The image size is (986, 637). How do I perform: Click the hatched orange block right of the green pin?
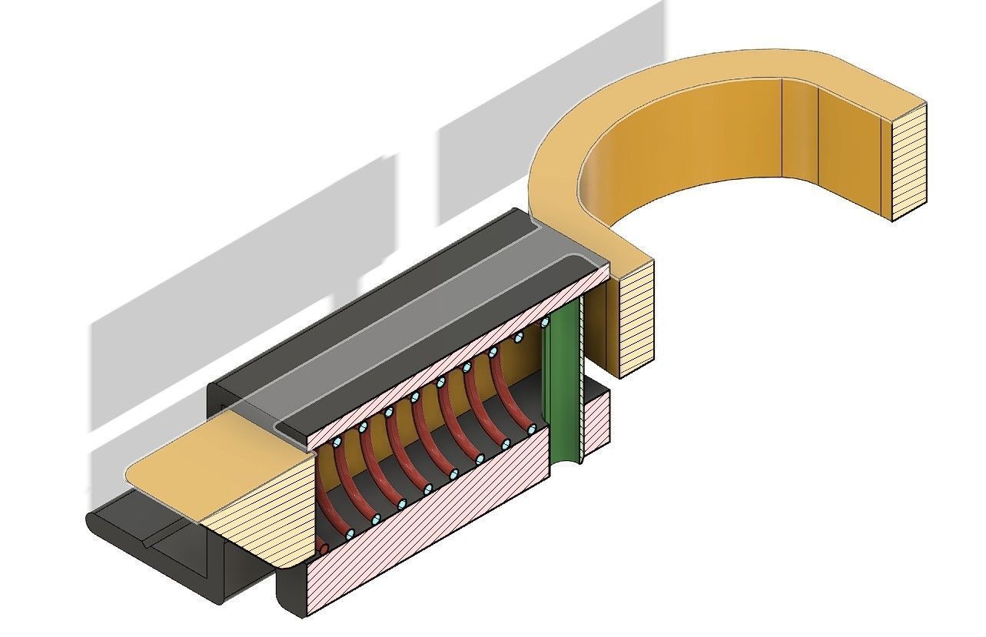click(634, 319)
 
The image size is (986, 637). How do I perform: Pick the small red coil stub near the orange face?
click(323, 548)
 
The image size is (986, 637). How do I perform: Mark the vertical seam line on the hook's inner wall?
click(782, 127)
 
